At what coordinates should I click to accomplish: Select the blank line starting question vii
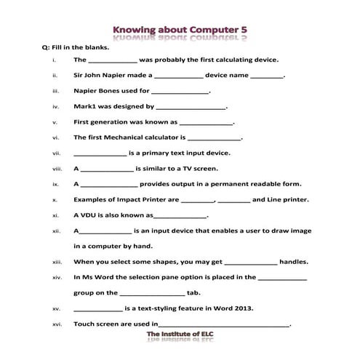click(x=100, y=153)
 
